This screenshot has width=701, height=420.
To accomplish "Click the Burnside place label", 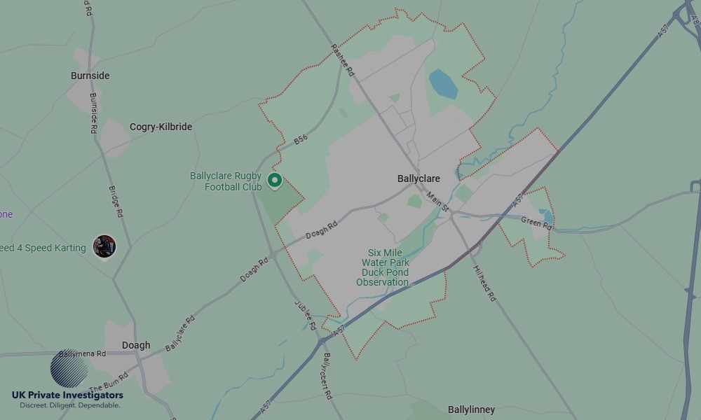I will click(90, 76).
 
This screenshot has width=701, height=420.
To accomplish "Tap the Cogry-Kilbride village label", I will click(161, 127).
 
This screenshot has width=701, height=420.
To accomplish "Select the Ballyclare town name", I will click(418, 179).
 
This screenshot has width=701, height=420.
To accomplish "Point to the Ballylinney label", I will click(471, 409).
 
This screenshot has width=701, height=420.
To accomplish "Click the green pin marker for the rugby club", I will click(275, 181).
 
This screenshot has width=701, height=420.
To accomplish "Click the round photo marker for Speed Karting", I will click(104, 246).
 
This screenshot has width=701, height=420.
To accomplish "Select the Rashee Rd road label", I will click(343, 61).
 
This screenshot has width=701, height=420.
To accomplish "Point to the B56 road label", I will click(301, 141).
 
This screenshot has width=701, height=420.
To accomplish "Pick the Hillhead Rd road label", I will click(484, 283).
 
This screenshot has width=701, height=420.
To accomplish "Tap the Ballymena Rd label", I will click(82, 354).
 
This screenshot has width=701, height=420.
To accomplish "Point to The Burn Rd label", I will click(109, 384).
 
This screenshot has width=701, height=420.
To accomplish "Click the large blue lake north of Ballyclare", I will click(443, 83).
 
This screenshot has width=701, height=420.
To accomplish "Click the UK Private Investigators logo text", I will click(67, 395).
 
